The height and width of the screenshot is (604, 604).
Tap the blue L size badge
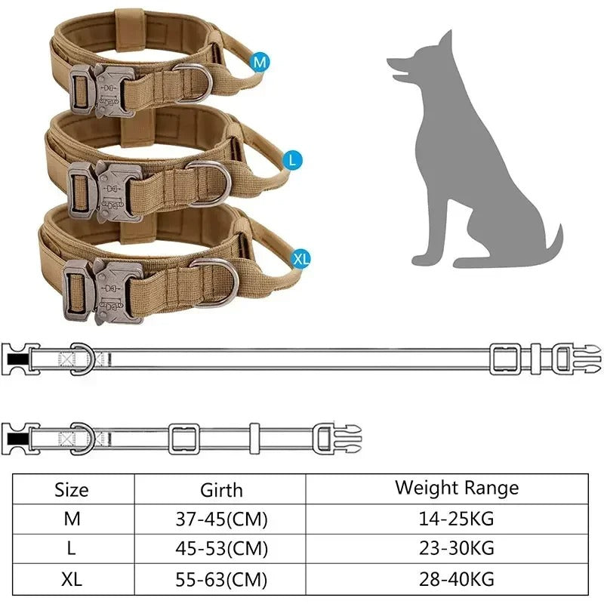(x=293, y=160)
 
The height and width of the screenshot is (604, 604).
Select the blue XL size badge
(x=300, y=259)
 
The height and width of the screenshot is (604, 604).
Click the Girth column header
(x=221, y=489)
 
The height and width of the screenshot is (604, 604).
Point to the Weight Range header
(x=457, y=487)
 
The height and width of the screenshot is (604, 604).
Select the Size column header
(x=72, y=489)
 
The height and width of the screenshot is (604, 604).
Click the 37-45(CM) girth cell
(x=221, y=519)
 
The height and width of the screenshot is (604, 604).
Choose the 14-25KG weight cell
(x=457, y=519)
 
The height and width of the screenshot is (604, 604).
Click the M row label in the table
(x=72, y=519)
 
